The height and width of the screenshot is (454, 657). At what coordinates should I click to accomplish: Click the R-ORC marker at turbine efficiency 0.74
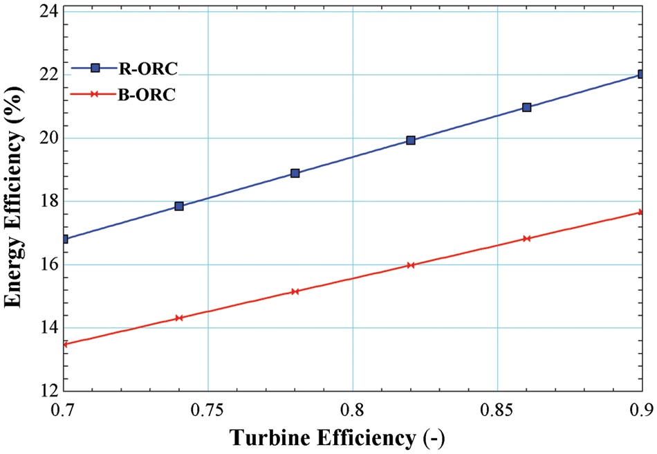(x=179, y=206)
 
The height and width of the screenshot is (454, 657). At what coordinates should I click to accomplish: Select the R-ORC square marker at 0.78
(x=295, y=173)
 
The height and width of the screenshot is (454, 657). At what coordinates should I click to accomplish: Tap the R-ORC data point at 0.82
(x=411, y=140)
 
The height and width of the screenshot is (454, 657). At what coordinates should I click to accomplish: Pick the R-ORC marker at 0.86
(x=527, y=107)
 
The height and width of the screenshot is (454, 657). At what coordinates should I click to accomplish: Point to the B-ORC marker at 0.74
(x=179, y=318)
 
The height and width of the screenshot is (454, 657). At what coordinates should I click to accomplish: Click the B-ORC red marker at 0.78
(x=295, y=291)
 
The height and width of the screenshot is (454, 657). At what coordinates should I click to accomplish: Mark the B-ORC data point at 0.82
(x=411, y=265)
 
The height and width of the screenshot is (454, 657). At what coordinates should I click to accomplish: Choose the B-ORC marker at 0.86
(x=527, y=239)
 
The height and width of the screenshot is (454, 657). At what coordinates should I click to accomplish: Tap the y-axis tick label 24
(x=48, y=12)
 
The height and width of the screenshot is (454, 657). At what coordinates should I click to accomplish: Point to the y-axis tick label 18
(x=48, y=201)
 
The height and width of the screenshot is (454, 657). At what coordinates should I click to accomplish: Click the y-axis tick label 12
(x=48, y=391)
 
